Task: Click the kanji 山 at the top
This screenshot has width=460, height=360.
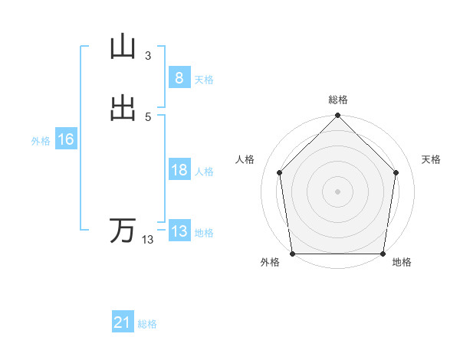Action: click(x=123, y=47)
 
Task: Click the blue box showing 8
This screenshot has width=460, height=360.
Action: click(x=179, y=78)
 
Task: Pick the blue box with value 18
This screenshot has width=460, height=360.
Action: click(x=179, y=170)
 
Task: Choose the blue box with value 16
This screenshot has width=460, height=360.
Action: click(x=65, y=139)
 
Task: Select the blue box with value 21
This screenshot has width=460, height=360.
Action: click(x=123, y=322)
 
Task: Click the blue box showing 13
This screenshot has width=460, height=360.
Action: click(x=179, y=231)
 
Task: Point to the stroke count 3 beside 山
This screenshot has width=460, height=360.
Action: click(x=147, y=55)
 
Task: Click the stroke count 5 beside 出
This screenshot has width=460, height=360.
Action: click(x=147, y=116)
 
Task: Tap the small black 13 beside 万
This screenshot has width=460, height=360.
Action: click(x=147, y=240)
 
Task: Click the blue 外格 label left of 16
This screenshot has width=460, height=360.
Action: click(x=41, y=141)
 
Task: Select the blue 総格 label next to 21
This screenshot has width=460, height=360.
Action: click(x=147, y=324)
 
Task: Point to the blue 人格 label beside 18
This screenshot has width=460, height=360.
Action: click(x=205, y=172)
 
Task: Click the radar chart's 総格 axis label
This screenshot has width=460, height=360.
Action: click(x=338, y=100)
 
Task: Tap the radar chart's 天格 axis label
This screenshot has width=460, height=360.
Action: click(x=432, y=159)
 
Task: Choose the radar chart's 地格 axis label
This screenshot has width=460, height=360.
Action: click(x=402, y=263)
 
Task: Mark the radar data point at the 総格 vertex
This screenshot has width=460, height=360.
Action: click(x=338, y=116)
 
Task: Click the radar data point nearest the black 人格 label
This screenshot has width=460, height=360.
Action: click(x=279, y=172)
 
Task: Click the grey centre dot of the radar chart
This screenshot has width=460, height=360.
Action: click(x=338, y=191)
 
